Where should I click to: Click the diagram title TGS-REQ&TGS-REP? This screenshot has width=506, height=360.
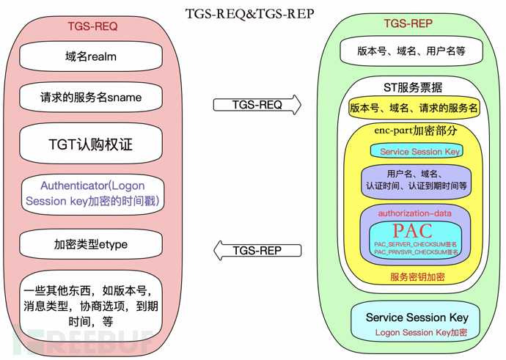254,14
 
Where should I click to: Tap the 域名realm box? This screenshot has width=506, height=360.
91,56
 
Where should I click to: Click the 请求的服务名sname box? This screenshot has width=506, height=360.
91,97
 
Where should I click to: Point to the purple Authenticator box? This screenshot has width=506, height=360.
92,194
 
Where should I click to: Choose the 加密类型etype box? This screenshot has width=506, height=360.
91,244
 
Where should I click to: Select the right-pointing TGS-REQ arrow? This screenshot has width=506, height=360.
257,105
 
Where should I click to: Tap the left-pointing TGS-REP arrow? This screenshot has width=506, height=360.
257,250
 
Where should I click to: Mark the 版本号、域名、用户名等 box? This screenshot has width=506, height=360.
411,51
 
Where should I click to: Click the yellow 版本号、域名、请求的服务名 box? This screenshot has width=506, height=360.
414,108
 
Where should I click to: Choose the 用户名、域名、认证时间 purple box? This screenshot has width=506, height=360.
416,180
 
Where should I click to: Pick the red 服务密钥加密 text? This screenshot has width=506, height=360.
417,276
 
